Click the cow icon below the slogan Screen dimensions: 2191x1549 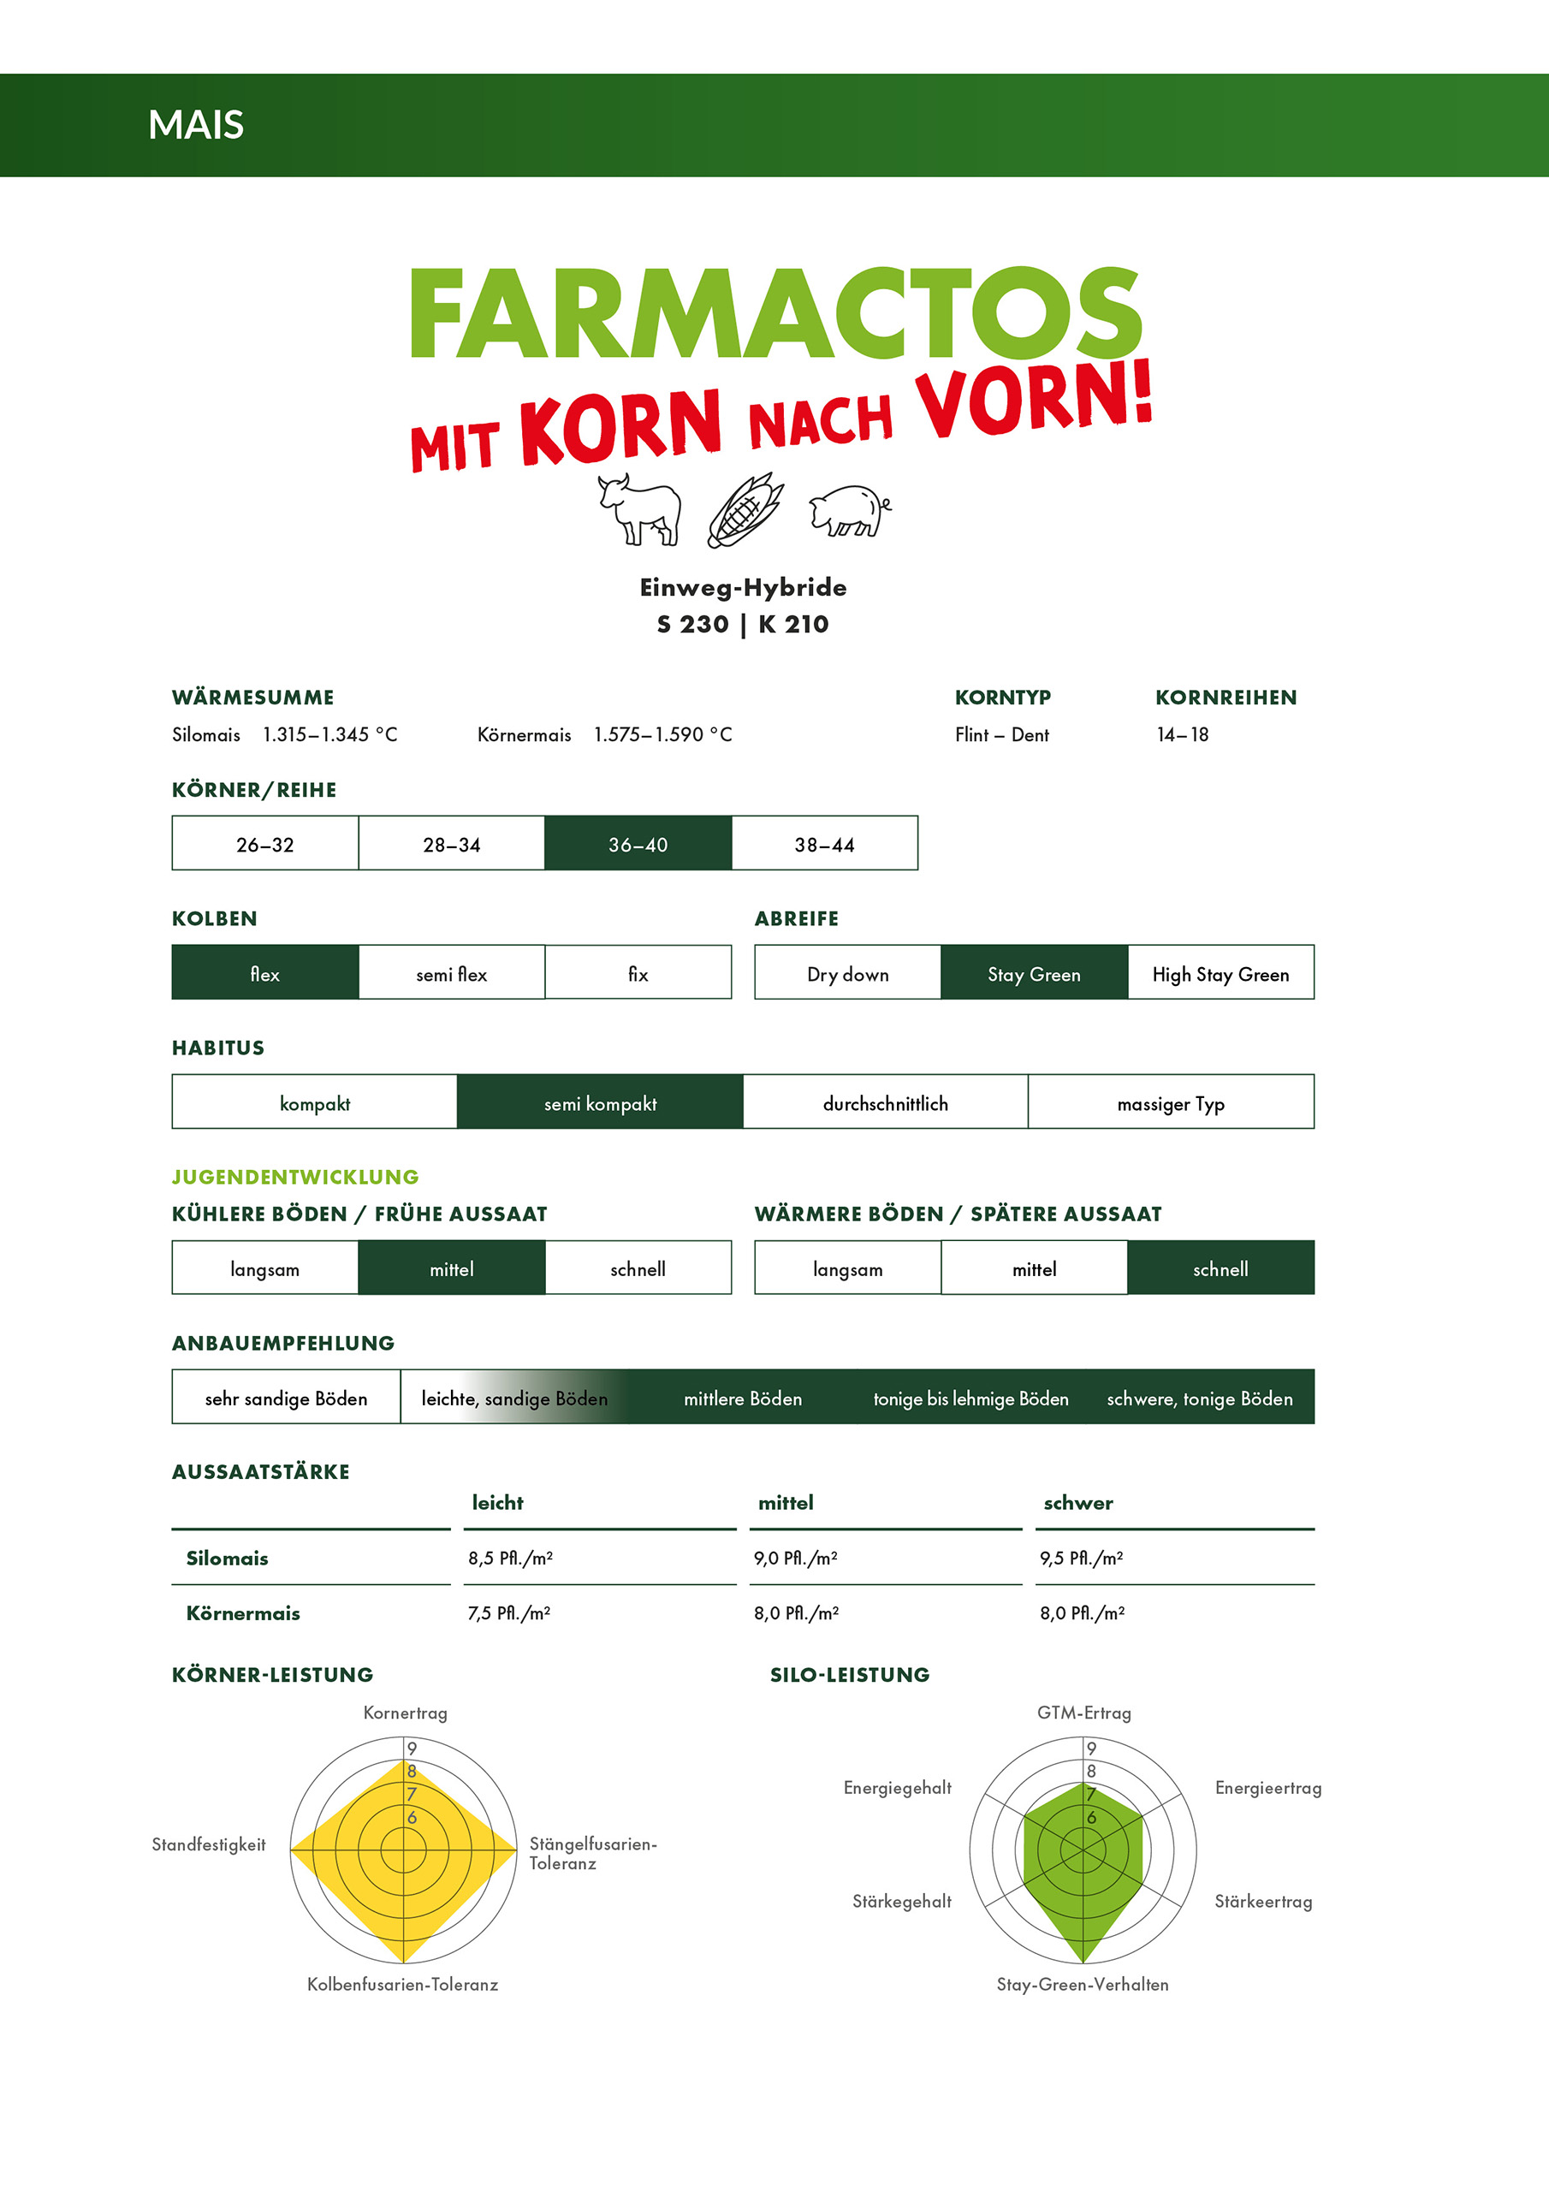pyautogui.click(x=639, y=509)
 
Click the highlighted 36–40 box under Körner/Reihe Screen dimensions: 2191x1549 pyautogui.click(x=638, y=844)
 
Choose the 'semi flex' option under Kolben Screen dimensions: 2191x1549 pyautogui.click(x=451, y=973)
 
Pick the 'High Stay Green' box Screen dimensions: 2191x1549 pyautogui.click(x=1220, y=973)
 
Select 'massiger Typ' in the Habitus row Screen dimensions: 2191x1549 pyautogui.click(x=1170, y=1103)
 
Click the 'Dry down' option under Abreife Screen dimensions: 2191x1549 pyautogui.click(x=847, y=973)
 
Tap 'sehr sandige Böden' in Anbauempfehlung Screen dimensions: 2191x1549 pyautogui.click(x=285, y=1398)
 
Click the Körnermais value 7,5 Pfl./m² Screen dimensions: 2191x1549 pyautogui.click(x=508, y=1613)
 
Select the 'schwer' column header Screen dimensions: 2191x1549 pyautogui.click(x=1077, y=1503)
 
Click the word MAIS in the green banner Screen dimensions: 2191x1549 pyautogui.click(x=196, y=125)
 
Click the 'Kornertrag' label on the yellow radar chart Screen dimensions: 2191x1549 pyautogui.click(x=405, y=1713)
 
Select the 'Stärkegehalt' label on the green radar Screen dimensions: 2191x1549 pyautogui.click(x=901, y=1902)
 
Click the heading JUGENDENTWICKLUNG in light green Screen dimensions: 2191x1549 pyautogui.click(x=295, y=1177)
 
